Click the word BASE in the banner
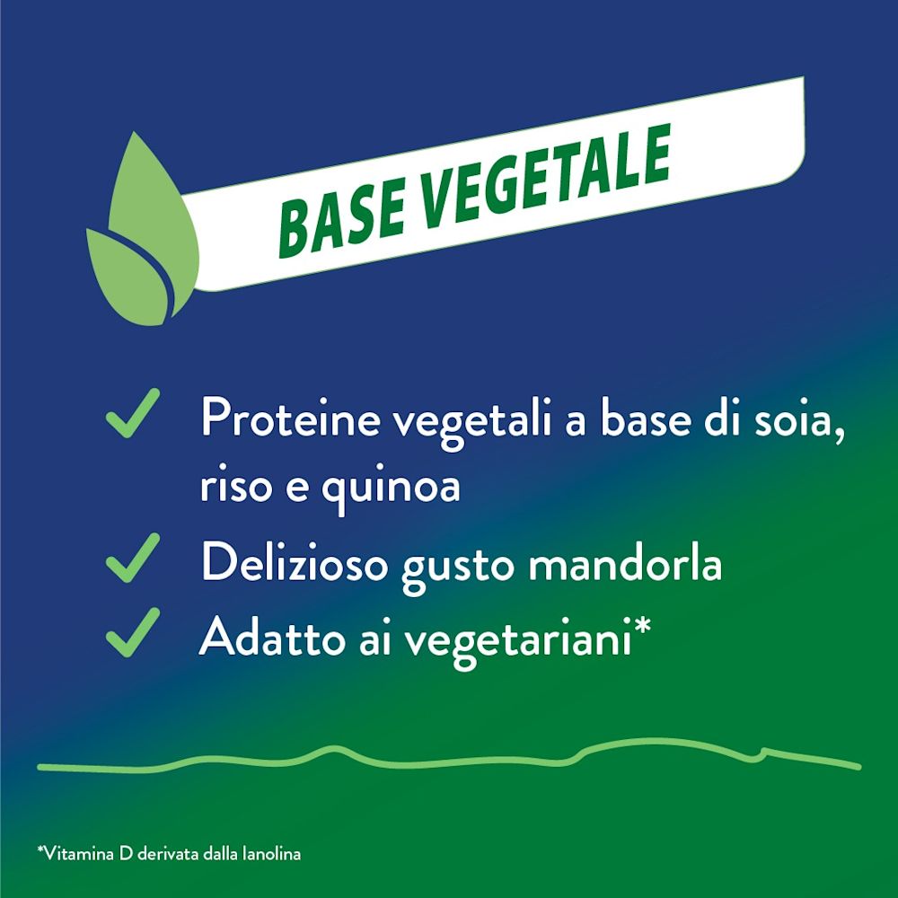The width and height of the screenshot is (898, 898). coord(337,214)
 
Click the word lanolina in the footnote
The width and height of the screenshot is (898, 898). coord(272,853)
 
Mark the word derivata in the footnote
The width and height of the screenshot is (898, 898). coord(165,853)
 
